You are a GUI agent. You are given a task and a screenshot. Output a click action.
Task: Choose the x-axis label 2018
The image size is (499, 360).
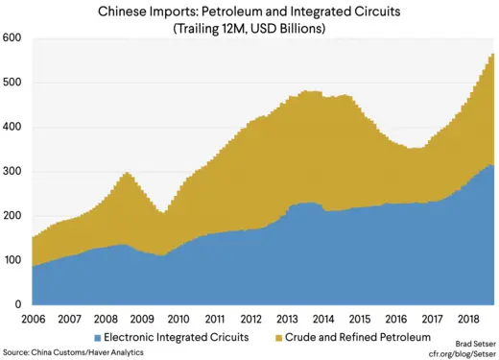point(469,318)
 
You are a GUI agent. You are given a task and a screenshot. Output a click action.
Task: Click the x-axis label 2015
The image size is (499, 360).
point(360,318)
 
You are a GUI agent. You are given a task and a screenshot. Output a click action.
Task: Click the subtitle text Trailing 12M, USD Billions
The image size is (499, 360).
point(249,29)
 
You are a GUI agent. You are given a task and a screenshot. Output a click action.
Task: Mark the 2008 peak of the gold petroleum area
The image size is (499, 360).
point(127,174)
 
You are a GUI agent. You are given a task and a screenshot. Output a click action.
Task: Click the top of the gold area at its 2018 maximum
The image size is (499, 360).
point(491,55)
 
